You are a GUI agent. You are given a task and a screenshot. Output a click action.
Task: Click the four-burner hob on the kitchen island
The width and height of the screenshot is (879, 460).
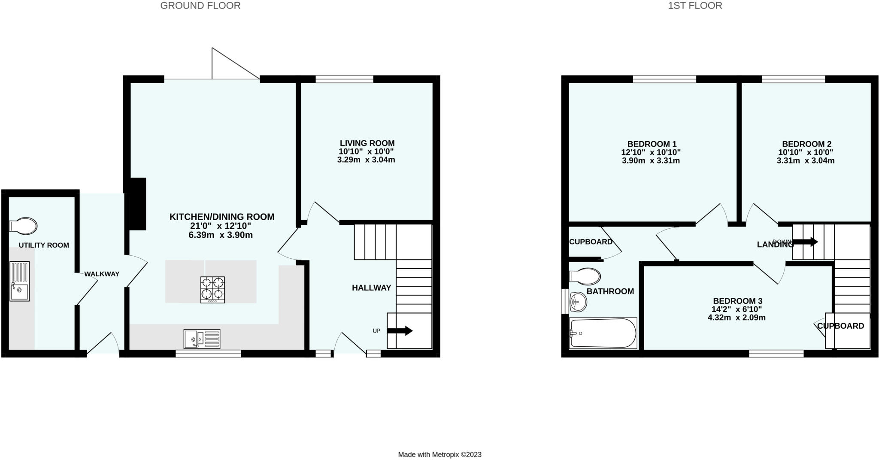click(212, 290)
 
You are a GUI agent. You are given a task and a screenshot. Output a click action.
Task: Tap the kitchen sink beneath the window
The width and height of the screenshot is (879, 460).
click(202, 339)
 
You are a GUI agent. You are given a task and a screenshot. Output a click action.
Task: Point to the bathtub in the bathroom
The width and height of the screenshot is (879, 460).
click(603, 333)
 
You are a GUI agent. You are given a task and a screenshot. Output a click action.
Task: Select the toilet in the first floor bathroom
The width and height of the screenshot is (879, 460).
click(585, 277)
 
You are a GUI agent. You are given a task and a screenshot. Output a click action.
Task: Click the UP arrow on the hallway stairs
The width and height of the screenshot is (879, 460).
click(400, 331)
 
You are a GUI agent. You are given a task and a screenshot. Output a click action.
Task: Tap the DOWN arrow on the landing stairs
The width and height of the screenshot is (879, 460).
click(805, 242)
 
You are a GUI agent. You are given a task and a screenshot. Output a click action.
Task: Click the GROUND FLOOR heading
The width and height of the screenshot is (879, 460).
click(200, 6)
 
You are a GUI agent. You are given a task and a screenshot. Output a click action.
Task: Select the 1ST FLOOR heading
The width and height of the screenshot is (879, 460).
click(695, 6)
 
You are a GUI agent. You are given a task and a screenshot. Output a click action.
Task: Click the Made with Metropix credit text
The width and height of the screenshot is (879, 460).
click(439, 454)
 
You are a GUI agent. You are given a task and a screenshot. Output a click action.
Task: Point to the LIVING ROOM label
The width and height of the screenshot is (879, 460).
click(367, 143)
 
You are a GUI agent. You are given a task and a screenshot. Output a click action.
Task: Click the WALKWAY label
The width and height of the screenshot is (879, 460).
click(102, 274)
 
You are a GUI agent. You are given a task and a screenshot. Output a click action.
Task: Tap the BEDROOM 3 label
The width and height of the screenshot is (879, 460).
click(737, 301)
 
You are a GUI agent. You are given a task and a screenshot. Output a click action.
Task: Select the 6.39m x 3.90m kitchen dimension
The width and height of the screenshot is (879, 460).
click(221, 235)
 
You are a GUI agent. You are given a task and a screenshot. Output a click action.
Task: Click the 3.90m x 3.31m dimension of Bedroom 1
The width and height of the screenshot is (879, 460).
click(651, 161)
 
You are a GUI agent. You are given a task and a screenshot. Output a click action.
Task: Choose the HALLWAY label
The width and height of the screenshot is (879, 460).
click(371, 288)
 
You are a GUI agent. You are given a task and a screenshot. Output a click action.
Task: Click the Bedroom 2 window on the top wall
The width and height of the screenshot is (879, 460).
click(793, 79)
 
